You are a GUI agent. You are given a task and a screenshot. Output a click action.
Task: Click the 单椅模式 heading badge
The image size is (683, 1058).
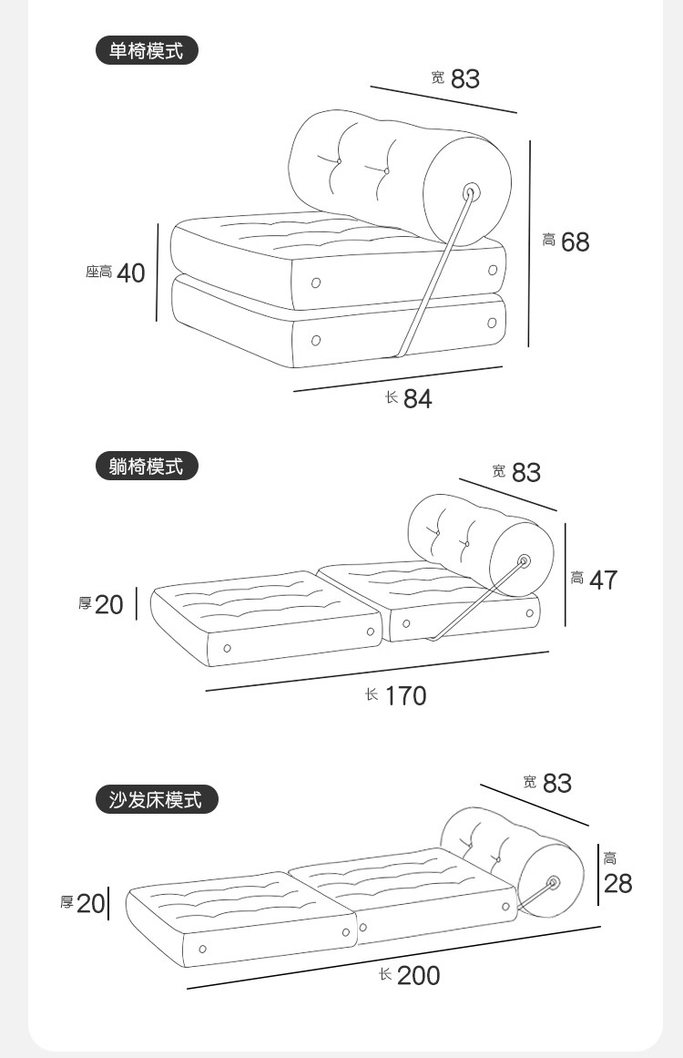point(147,51)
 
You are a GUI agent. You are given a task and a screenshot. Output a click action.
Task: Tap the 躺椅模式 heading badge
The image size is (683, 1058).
point(147,467)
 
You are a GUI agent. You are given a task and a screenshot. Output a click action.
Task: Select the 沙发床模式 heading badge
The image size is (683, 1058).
point(158,800)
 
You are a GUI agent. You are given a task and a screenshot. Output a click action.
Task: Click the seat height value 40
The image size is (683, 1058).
point(130,272)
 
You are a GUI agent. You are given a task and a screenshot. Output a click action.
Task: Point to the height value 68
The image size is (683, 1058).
point(575,241)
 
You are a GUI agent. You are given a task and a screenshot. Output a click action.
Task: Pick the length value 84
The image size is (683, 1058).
point(417,398)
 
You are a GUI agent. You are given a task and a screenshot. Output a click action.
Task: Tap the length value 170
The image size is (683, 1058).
point(405,695)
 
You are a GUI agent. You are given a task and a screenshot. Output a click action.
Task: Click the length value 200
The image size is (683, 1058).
point(418,975)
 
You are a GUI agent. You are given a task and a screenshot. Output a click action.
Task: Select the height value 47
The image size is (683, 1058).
point(603,580)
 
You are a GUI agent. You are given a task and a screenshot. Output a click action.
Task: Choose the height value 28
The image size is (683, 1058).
point(617,883)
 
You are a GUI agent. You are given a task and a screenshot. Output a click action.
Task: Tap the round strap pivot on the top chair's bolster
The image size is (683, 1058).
point(471,191)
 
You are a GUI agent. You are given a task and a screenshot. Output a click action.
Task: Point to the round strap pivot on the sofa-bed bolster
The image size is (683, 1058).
point(553,882)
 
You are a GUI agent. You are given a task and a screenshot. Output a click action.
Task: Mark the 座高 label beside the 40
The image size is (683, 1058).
point(98,272)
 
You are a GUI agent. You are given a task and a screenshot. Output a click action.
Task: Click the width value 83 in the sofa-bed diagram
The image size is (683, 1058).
point(557,783)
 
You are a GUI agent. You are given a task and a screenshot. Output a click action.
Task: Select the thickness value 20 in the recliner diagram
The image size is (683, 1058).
point(108,604)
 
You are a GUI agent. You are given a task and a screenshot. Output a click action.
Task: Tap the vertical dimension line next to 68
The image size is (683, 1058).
point(530,242)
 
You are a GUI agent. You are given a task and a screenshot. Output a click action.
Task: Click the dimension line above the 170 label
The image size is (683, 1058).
point(377,671)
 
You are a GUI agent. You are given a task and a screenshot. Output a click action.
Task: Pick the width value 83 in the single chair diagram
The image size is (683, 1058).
point(464,79)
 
